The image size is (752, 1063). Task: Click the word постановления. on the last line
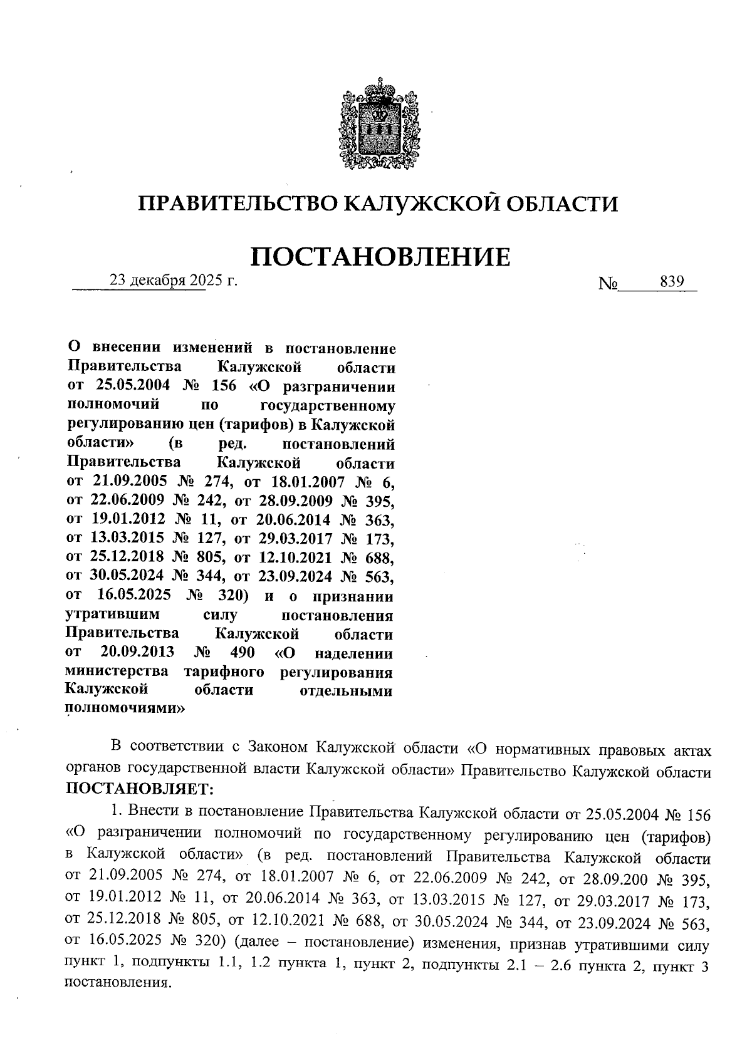click(118, 983)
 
